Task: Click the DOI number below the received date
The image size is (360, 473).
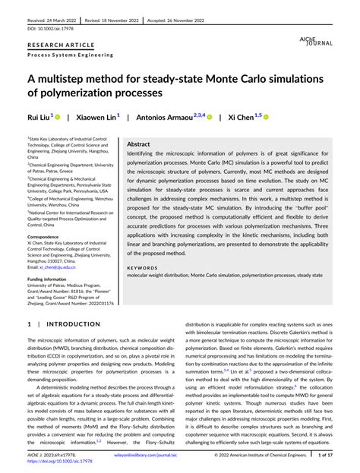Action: [x=51, y=29]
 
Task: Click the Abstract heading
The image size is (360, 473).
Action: [x=138, y=143]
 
